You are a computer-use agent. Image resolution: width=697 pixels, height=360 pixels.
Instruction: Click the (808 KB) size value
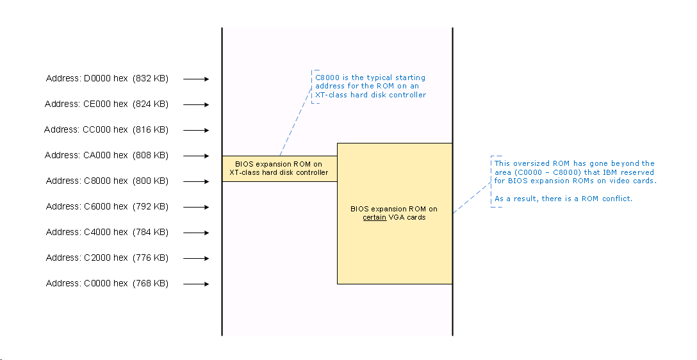pos(151,156)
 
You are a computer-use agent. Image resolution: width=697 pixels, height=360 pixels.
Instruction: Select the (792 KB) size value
pos(151,207)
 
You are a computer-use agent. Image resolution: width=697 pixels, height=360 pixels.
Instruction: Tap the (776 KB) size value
pos(151,258)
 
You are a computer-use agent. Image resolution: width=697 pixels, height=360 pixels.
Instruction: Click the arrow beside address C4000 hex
pos(196,233)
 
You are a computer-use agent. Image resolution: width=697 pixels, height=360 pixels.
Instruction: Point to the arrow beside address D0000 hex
pos(196,79)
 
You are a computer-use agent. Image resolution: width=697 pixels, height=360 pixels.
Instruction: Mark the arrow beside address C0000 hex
pos(196,284)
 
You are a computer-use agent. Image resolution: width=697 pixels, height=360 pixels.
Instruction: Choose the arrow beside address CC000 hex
pos(196,131)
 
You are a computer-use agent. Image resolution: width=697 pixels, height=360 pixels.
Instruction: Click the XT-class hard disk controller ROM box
pos(279,168)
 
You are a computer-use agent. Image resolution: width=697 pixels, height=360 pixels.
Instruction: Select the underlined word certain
pos(375,218)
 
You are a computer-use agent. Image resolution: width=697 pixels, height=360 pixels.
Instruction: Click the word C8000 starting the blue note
pos(327,78)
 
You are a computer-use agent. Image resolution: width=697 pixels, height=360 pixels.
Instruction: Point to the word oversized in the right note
pos(532,164)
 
